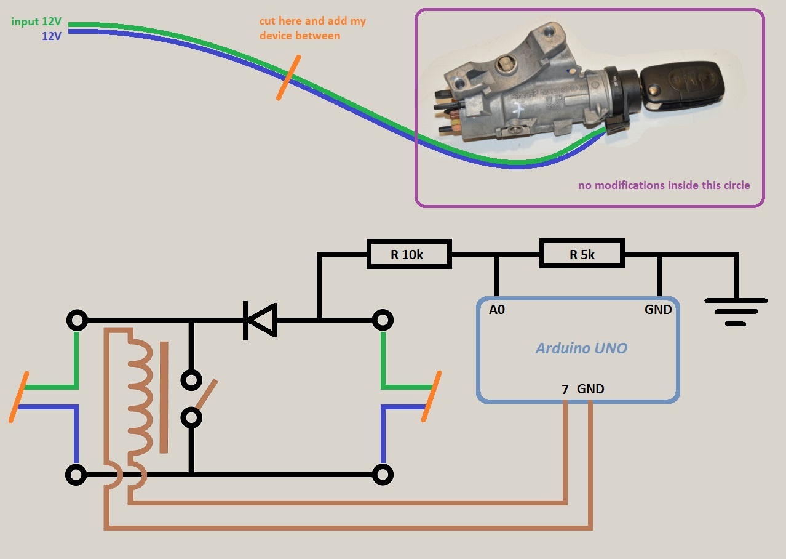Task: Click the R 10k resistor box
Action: (x=409, y=254)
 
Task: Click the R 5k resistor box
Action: (x=582, y=254)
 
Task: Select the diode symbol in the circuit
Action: (x=260, y=320)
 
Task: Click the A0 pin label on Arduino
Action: (x=497, y=310)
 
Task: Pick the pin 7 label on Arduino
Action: (x=565, y=389)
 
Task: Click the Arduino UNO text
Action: (x=581, y=348)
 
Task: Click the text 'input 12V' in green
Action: (x=36, y=22)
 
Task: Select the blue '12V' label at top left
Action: (x=51, y=36)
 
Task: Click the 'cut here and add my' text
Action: (x=312, y=22)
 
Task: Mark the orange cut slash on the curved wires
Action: (x=288, y=78)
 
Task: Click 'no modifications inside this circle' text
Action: (x=664, y=185)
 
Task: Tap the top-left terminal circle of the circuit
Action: (x=77, y=321)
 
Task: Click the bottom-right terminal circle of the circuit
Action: (x=383, y=475)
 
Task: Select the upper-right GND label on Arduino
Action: (x=658, y=310)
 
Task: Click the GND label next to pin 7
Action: (x=590, y=389)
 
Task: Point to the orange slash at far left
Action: (x=19, y=397)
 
